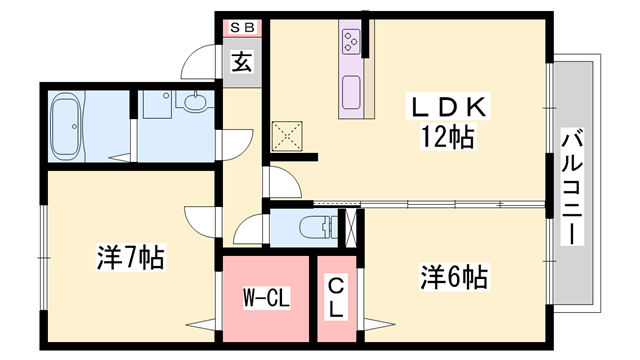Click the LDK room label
click(448, 106)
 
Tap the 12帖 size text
click(448, 137)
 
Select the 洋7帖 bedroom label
click(131, 258)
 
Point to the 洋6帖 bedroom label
click(454, 277)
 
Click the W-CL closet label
click(266, 297)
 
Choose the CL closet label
click(336, 298)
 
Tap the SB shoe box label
click(242, 27)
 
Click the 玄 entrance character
click(242, 62)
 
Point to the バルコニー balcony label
click(572, 187)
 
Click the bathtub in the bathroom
click(66, 126)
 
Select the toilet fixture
click(318, 227)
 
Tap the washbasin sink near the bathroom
click(195, 101)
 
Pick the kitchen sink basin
click(351, 92)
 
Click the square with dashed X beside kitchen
click(287, 136)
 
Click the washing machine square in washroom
click(157, 105)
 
